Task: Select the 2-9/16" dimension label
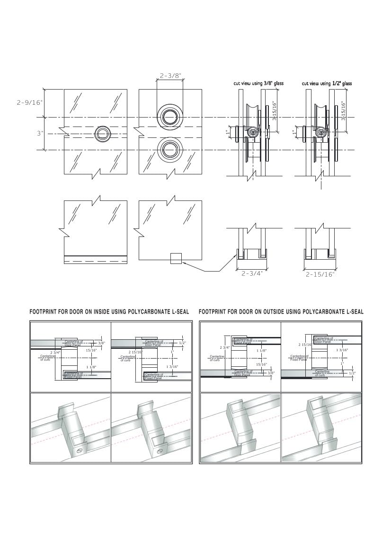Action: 29,102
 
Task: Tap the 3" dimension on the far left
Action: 40,134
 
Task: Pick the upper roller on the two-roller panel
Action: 169,117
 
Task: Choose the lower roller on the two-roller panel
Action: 169,150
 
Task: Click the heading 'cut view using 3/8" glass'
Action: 258,83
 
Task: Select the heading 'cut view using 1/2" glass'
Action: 327,83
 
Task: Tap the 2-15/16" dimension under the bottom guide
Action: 320,274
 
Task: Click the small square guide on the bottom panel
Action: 176,258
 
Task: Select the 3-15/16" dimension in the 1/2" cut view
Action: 344,110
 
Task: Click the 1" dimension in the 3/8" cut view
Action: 228,133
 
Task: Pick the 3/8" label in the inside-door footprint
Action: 101,343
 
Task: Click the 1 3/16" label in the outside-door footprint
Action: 342,350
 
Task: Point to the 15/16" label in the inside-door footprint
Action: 91,350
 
